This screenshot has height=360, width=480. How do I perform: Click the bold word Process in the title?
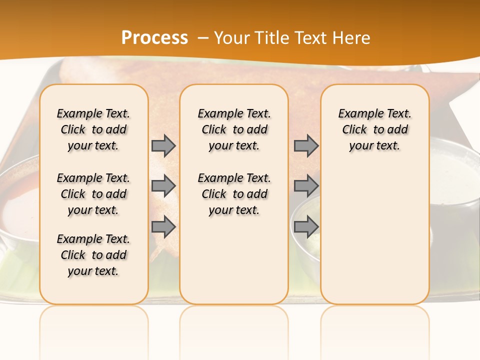click(154, 37)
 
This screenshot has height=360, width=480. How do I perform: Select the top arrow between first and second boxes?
click(163, 145)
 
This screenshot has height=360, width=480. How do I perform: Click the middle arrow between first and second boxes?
click(163, 186)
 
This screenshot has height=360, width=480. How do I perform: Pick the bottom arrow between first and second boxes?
click(163, 226)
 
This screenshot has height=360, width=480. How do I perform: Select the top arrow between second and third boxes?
click(306, 145)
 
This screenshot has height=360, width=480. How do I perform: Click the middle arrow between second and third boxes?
click(306, 186)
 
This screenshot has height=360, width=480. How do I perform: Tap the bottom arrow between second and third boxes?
click(306, 226)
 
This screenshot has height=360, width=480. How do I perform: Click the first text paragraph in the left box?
click(93, 129)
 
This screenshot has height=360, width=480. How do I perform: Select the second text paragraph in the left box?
click(93, 194)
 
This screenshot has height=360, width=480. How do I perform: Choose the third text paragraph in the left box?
click(93, 255)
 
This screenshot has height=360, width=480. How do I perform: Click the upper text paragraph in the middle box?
click(234, 129)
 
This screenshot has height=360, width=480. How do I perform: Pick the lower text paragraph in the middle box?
click(234, 194)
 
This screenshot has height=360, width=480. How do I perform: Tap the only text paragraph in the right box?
click(374, 129)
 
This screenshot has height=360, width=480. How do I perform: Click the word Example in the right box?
click(357, 113)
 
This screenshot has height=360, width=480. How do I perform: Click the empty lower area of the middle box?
click(234, 260)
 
